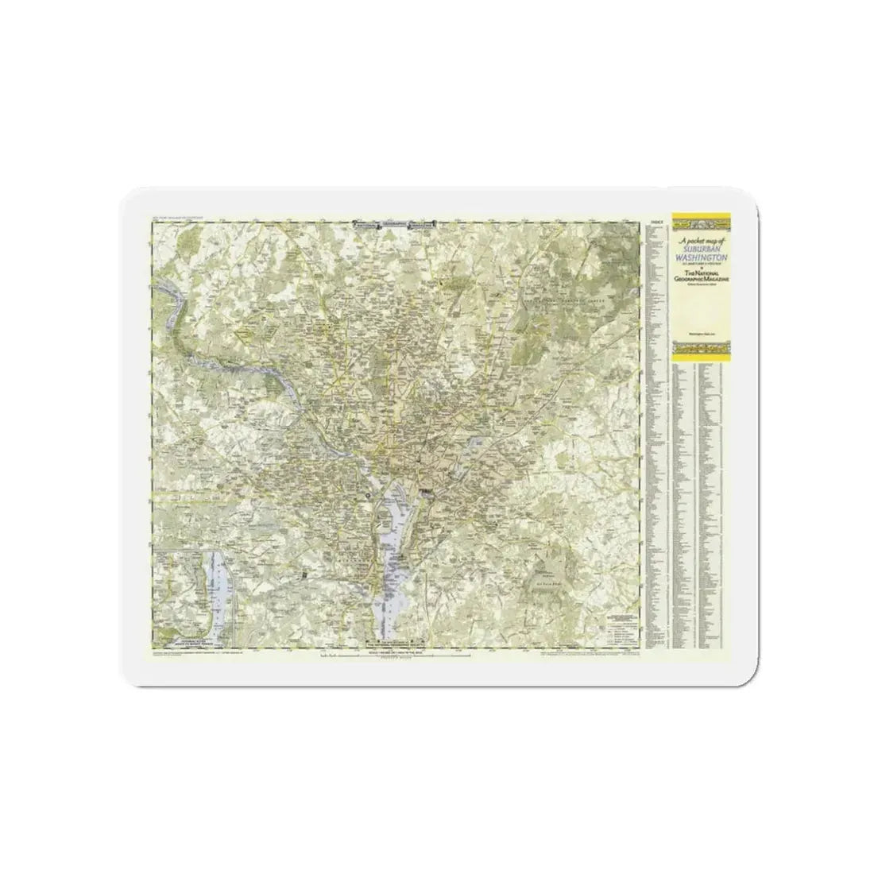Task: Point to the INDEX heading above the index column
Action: click(x=655, y=222)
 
